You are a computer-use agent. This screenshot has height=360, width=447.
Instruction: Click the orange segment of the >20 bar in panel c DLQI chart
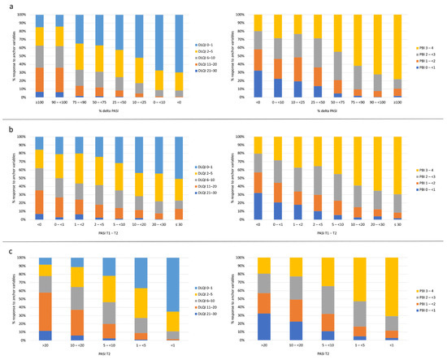47,310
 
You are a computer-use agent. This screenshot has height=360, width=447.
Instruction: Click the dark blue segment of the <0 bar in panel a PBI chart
258,84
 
